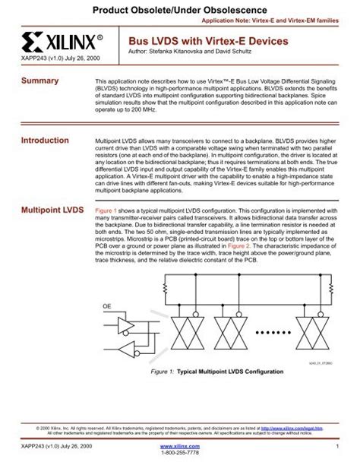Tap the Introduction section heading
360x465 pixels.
pos(45,141)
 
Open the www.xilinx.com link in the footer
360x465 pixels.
pos(180,446)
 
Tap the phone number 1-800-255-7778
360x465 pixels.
pos(180,454)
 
